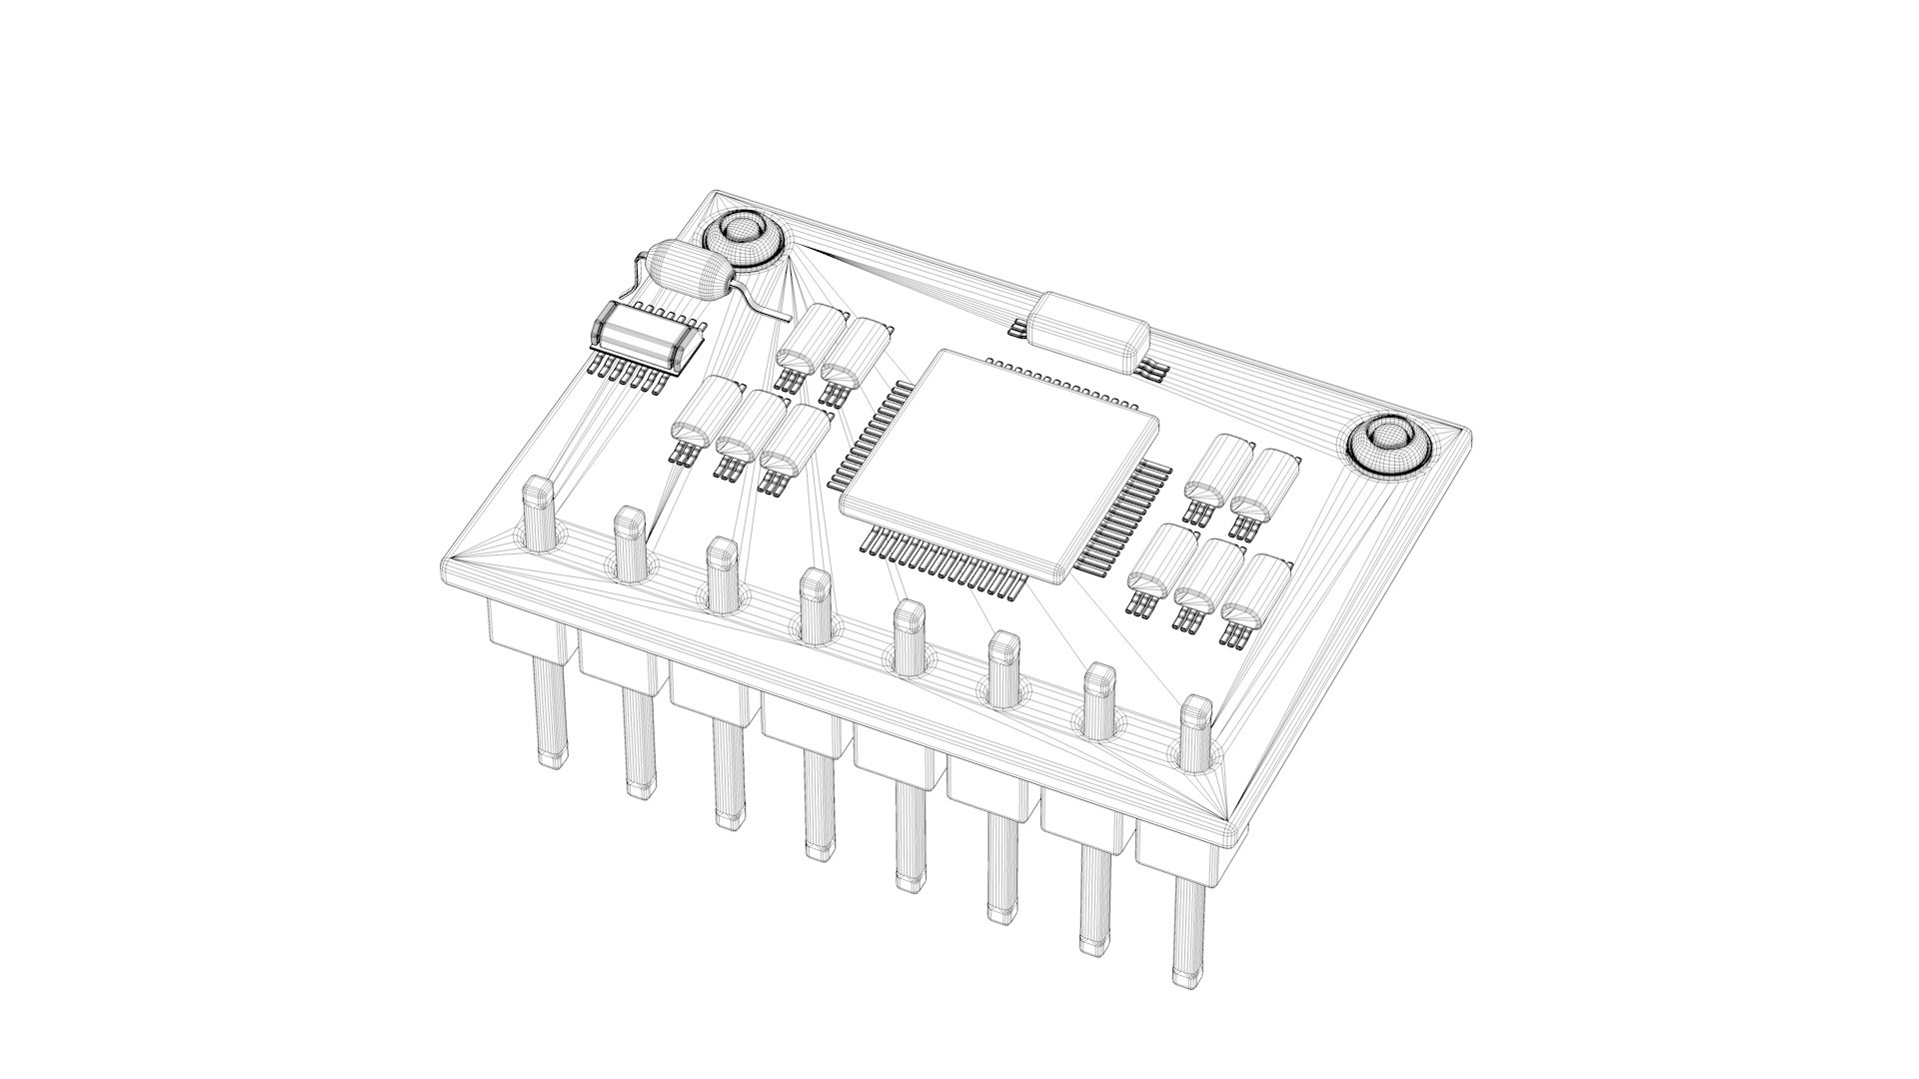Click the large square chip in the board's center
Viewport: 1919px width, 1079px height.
coord(999,460)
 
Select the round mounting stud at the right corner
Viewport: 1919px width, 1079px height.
coord(1389,446)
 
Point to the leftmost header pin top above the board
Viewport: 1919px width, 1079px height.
coord(538,512)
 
